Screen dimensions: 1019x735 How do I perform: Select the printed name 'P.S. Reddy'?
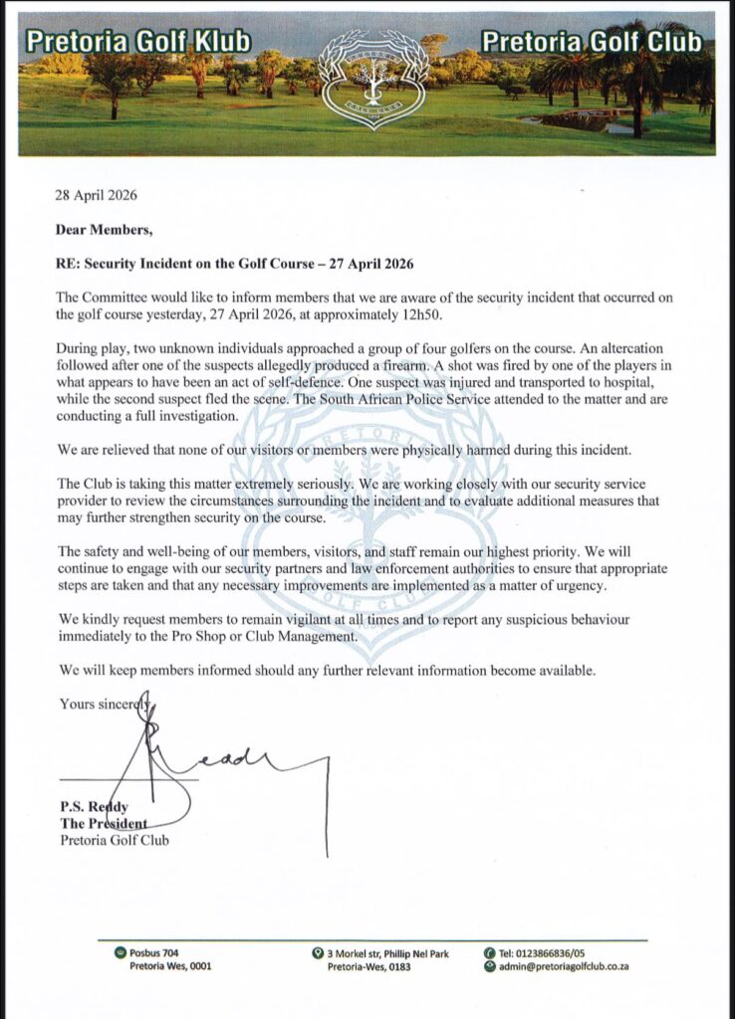(92, 806)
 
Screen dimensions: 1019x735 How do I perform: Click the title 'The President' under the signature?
(103, 823)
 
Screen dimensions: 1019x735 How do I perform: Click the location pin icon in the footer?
(316, 953)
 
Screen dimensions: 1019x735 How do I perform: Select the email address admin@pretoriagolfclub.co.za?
(564, 966)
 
